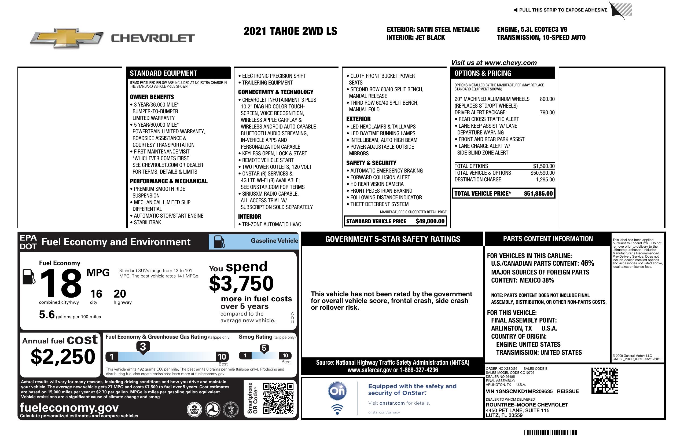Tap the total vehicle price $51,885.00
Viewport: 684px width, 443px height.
538,193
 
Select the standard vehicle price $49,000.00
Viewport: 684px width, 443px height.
430,221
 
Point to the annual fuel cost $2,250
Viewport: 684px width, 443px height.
63,357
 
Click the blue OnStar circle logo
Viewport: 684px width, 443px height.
337,391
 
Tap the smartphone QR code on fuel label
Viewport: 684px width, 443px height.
278,398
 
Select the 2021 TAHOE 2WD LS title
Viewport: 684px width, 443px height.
290,31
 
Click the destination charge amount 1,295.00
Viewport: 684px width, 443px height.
545,180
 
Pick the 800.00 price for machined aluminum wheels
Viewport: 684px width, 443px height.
547,99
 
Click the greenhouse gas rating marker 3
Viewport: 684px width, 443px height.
143,347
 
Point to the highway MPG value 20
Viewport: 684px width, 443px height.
120,294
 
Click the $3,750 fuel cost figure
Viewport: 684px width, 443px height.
241,283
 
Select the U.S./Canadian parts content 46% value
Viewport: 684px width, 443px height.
587,263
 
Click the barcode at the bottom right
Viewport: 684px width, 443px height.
550,433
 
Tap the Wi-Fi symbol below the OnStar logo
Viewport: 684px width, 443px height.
337,409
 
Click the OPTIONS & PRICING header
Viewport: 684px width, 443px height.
483,73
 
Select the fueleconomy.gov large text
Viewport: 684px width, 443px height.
69,408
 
